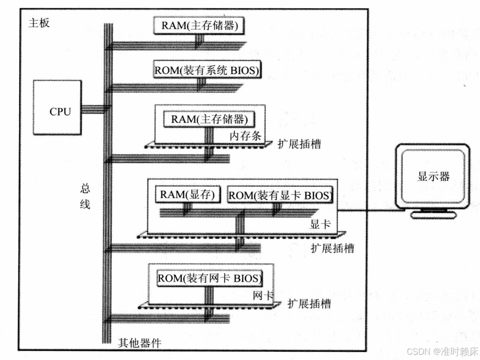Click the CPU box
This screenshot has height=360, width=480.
[x=57, y=107]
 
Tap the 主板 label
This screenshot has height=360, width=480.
[x=39, y=23]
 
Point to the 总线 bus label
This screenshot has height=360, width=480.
[x=85, y=196]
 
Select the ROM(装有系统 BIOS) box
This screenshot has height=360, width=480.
[x=208, y=70]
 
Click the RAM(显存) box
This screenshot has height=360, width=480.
[x=188, y=194]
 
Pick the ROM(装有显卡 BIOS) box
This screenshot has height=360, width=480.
[x=280, y=195]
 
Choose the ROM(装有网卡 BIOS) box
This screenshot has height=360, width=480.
[x=209, y=277]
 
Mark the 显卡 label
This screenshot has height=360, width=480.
[x=321, y=224]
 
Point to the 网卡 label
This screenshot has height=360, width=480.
[x=263, y=296]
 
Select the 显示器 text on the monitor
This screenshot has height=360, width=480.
[x=433, y=177]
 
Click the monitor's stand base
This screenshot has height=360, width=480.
[x=434, y=214]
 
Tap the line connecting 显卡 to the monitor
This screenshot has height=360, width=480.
[x=367, y=210]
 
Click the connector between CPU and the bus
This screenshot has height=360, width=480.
[x=92, y=109]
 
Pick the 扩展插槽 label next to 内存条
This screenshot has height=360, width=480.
[x=300, y=144]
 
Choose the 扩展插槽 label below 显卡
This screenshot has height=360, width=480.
[x=333, y=248]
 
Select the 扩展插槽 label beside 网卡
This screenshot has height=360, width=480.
[x=309, y=303]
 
